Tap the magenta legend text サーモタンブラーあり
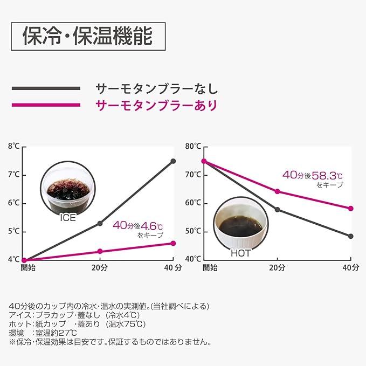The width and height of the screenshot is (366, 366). click(156, 105)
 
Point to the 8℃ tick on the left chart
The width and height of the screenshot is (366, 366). click(13, 147)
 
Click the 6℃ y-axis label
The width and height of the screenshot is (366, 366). click(13, 203)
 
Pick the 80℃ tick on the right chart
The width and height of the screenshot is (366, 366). click(193, 147)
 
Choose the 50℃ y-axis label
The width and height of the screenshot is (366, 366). click(193, 231)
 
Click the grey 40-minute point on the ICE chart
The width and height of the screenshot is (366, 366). click(173, 161)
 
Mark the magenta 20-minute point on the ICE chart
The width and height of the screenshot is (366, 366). click(100, 251)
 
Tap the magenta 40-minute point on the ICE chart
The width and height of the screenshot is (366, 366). click(173, 243)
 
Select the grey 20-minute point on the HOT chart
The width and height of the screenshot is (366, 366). click(277, 209)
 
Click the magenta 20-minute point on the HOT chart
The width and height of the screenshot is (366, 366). click(277, 191)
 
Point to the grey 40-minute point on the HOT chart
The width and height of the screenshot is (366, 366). click(351, 236)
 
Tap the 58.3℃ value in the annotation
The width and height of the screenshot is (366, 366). click(327, 175)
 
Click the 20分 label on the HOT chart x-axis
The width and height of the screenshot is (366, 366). click(277, 267)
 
